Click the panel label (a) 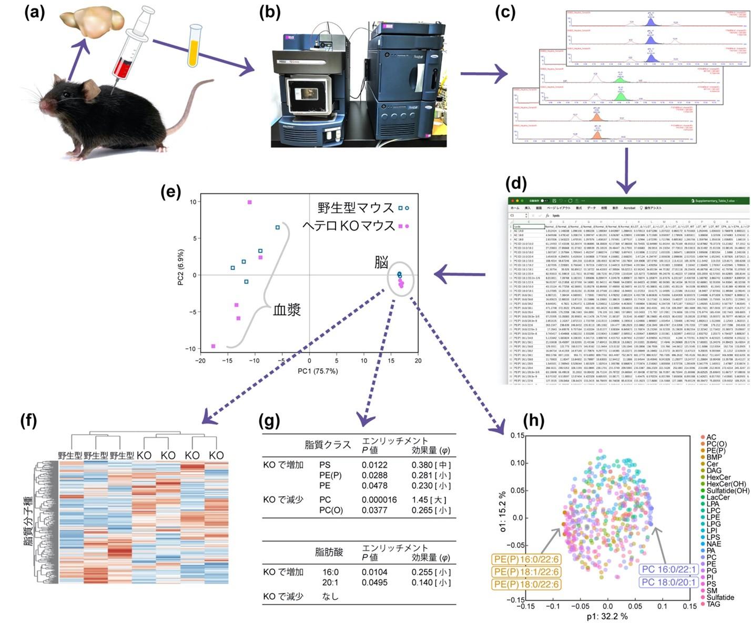coord(35,12)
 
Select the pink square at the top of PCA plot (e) coord(250,202)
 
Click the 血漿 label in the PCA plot coord(287,310)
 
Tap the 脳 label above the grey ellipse coord(381,262)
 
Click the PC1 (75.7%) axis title coord(318,371)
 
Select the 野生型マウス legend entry coord(356,208)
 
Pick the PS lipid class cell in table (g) coord(325,465)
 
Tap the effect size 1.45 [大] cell coord(431,499)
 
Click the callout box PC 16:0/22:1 coord(669,569)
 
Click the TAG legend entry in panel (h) coord(713,604)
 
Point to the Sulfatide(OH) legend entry coord(727,490)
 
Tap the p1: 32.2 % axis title coord(607,616)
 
